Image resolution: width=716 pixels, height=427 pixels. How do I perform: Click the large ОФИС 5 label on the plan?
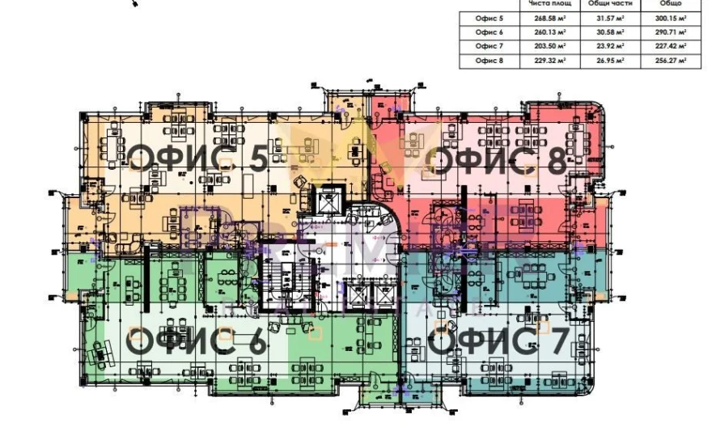pos(198,159)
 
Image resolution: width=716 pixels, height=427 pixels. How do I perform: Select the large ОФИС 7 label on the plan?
pos(498,340)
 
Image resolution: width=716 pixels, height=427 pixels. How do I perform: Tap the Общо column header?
pos(671,4)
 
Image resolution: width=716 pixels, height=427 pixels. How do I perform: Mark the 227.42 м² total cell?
pos(671,46)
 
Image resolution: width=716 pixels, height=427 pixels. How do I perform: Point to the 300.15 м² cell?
pos(671,18)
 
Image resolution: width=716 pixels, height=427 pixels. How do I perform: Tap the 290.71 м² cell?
pos(671,32)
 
